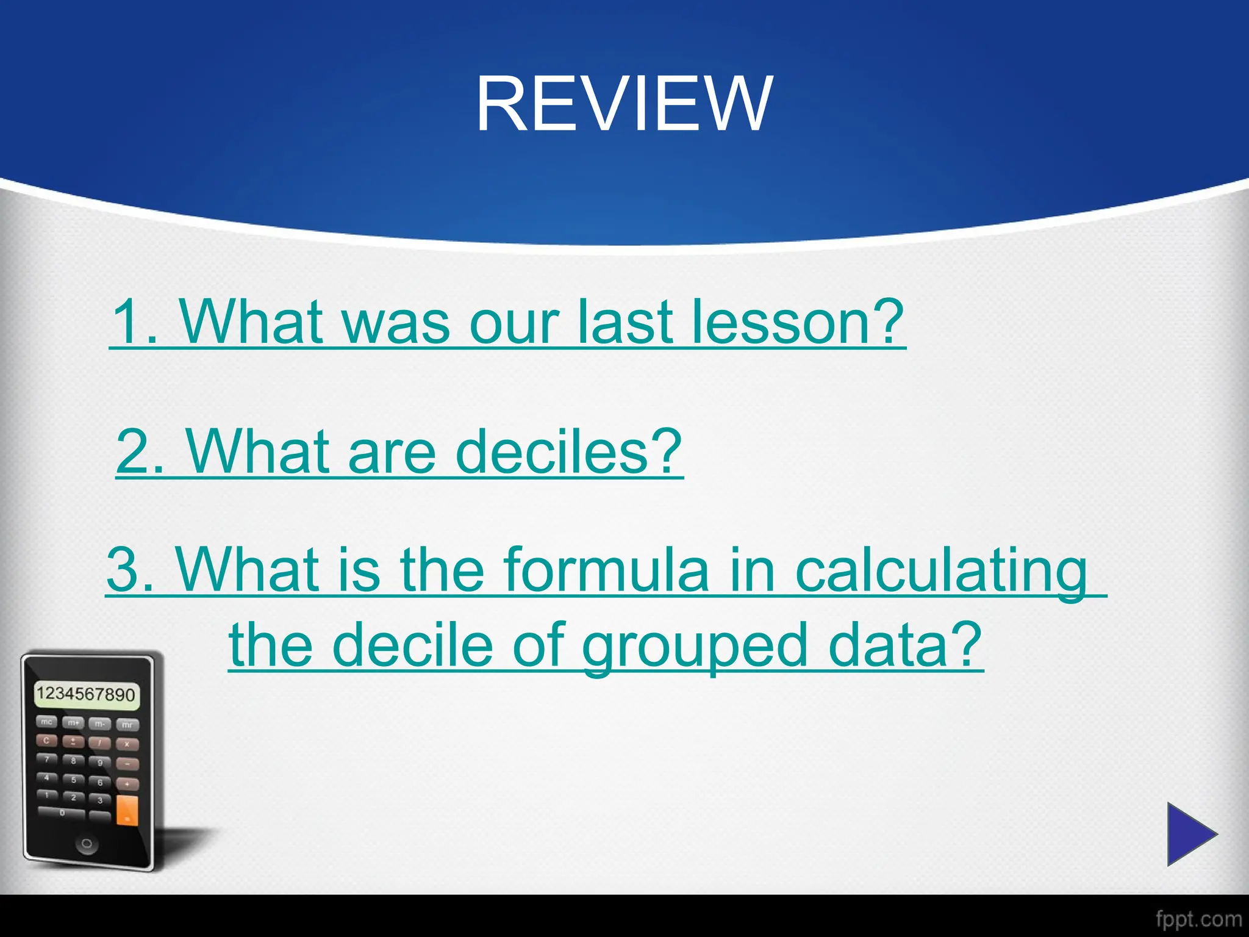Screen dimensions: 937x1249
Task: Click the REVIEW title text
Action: click(x=624, y=104)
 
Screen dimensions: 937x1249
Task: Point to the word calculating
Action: click(x=942, y=570)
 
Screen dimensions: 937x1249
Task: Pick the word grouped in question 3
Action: click(x=695, y=645)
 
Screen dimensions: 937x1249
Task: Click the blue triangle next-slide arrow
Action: click(x=1190, y=834)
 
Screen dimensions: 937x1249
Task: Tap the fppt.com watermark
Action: click(x=1198, y=919)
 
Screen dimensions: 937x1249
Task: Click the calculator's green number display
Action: click(x=86, y=695)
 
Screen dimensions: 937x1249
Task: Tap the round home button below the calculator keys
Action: click(x=87, y=844)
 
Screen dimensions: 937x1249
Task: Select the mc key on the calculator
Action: click(x=46, y=722)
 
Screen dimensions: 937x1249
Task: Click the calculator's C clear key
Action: click(x=46, y=741)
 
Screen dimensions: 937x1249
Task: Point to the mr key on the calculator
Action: click(x=127, y=725)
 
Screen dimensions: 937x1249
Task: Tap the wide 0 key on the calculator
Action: click(x=62, y=813)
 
